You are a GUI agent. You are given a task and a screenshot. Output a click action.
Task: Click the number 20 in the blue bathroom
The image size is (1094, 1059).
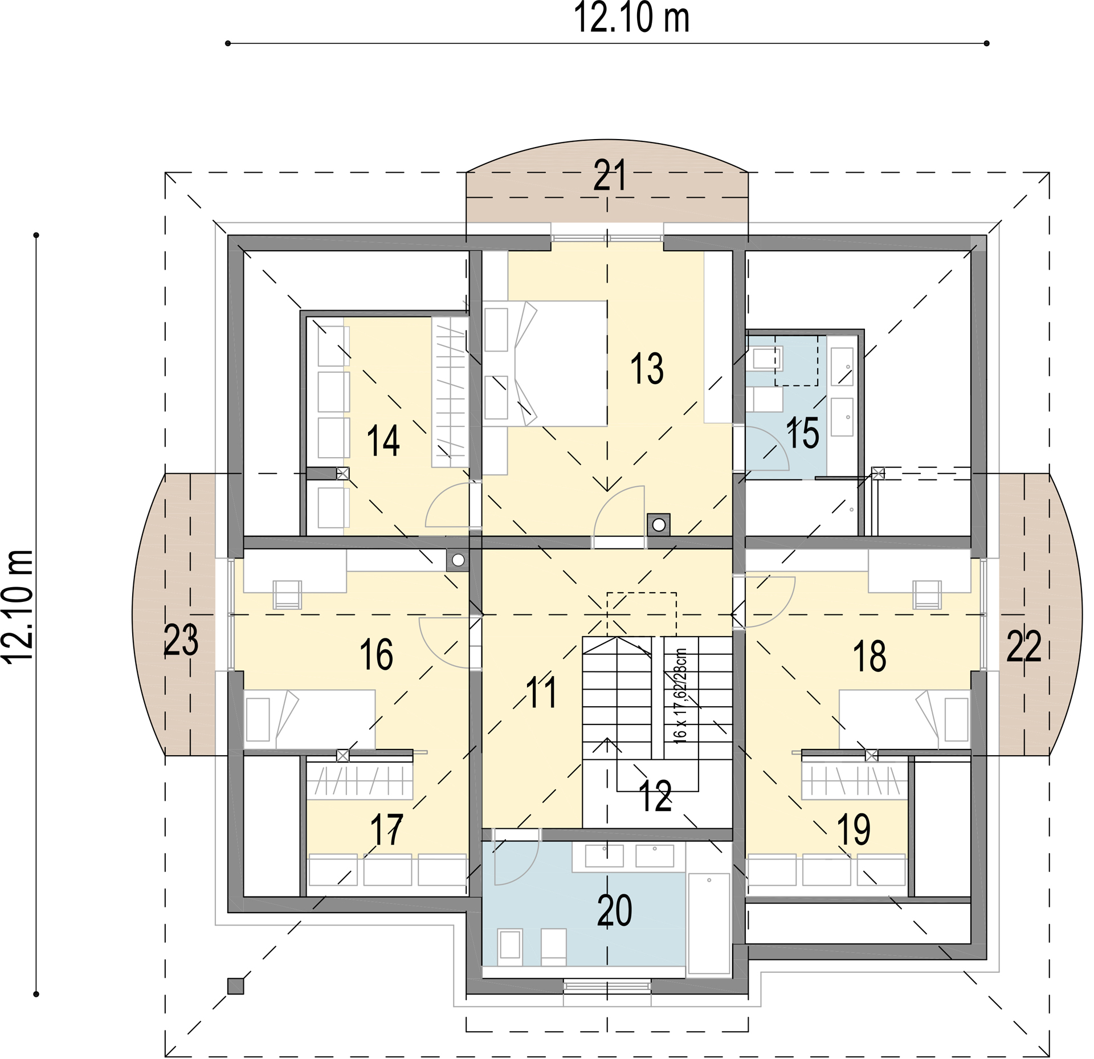614,910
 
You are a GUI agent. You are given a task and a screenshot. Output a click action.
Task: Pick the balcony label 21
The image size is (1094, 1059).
610,175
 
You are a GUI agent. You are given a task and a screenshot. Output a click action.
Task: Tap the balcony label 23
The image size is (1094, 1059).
181,640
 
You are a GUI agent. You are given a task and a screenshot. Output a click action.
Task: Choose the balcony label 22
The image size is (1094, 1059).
1024,646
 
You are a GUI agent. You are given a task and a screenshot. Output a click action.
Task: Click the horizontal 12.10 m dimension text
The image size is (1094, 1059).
631,18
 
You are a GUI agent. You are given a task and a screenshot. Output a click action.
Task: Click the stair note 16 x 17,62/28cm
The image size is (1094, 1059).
680,695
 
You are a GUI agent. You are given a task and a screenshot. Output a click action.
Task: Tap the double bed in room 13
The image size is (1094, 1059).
545,364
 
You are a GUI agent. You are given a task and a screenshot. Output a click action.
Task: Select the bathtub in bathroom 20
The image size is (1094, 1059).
709,923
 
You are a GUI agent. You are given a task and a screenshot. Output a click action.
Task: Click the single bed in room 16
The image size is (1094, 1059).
309,719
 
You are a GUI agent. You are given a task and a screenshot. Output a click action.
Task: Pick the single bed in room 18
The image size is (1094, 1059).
905,719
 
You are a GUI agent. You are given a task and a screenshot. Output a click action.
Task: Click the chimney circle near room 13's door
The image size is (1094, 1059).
659,525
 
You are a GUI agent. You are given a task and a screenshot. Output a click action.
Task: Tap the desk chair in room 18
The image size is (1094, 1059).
927,594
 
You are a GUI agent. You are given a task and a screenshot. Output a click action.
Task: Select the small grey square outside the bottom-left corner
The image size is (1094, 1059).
235,986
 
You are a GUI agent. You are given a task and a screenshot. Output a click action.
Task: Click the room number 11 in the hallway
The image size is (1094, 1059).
541,693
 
